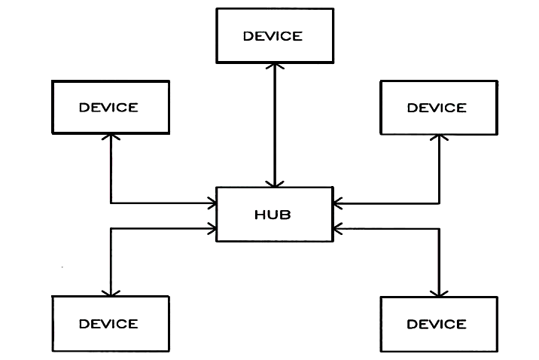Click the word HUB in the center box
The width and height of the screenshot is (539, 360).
click(x=273, y=215)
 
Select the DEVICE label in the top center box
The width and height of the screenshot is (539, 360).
click(x=273, y=36)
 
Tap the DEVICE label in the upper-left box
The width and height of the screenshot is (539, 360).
click(x=108, y=108)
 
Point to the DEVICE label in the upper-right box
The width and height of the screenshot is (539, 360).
click(x=437, y=108)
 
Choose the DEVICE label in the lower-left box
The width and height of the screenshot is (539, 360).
click(x=108, y=324)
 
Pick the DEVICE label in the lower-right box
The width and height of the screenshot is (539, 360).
click(x=437, y=325)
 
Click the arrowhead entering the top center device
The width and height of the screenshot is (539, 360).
click(x=275, y=66)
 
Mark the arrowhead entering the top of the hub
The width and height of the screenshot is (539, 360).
click(x=275, y=184)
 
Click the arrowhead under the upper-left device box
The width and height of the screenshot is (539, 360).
click(x=111, y=137)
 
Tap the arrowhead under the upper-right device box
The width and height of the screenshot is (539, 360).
click(x=439, y=138)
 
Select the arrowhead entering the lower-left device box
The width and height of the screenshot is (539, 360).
click(x=111, y=293)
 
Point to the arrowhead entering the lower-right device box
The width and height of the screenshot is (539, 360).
click(x=439, y=294)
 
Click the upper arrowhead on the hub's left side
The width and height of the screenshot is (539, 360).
click(x=213, y=203)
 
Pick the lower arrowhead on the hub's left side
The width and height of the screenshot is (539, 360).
click(x=213, y=229)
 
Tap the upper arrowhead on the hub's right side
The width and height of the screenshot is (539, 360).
click(x=337, y=203)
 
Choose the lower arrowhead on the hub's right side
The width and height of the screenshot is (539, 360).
click(x=337, y=229)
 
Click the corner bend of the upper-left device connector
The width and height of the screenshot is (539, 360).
click(x=111, y=203)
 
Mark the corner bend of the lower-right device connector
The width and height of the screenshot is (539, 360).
click(x=439, y=229)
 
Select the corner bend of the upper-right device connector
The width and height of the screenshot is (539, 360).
click(x=439, y=203)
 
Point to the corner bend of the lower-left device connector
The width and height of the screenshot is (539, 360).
click(x=111, y=229)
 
